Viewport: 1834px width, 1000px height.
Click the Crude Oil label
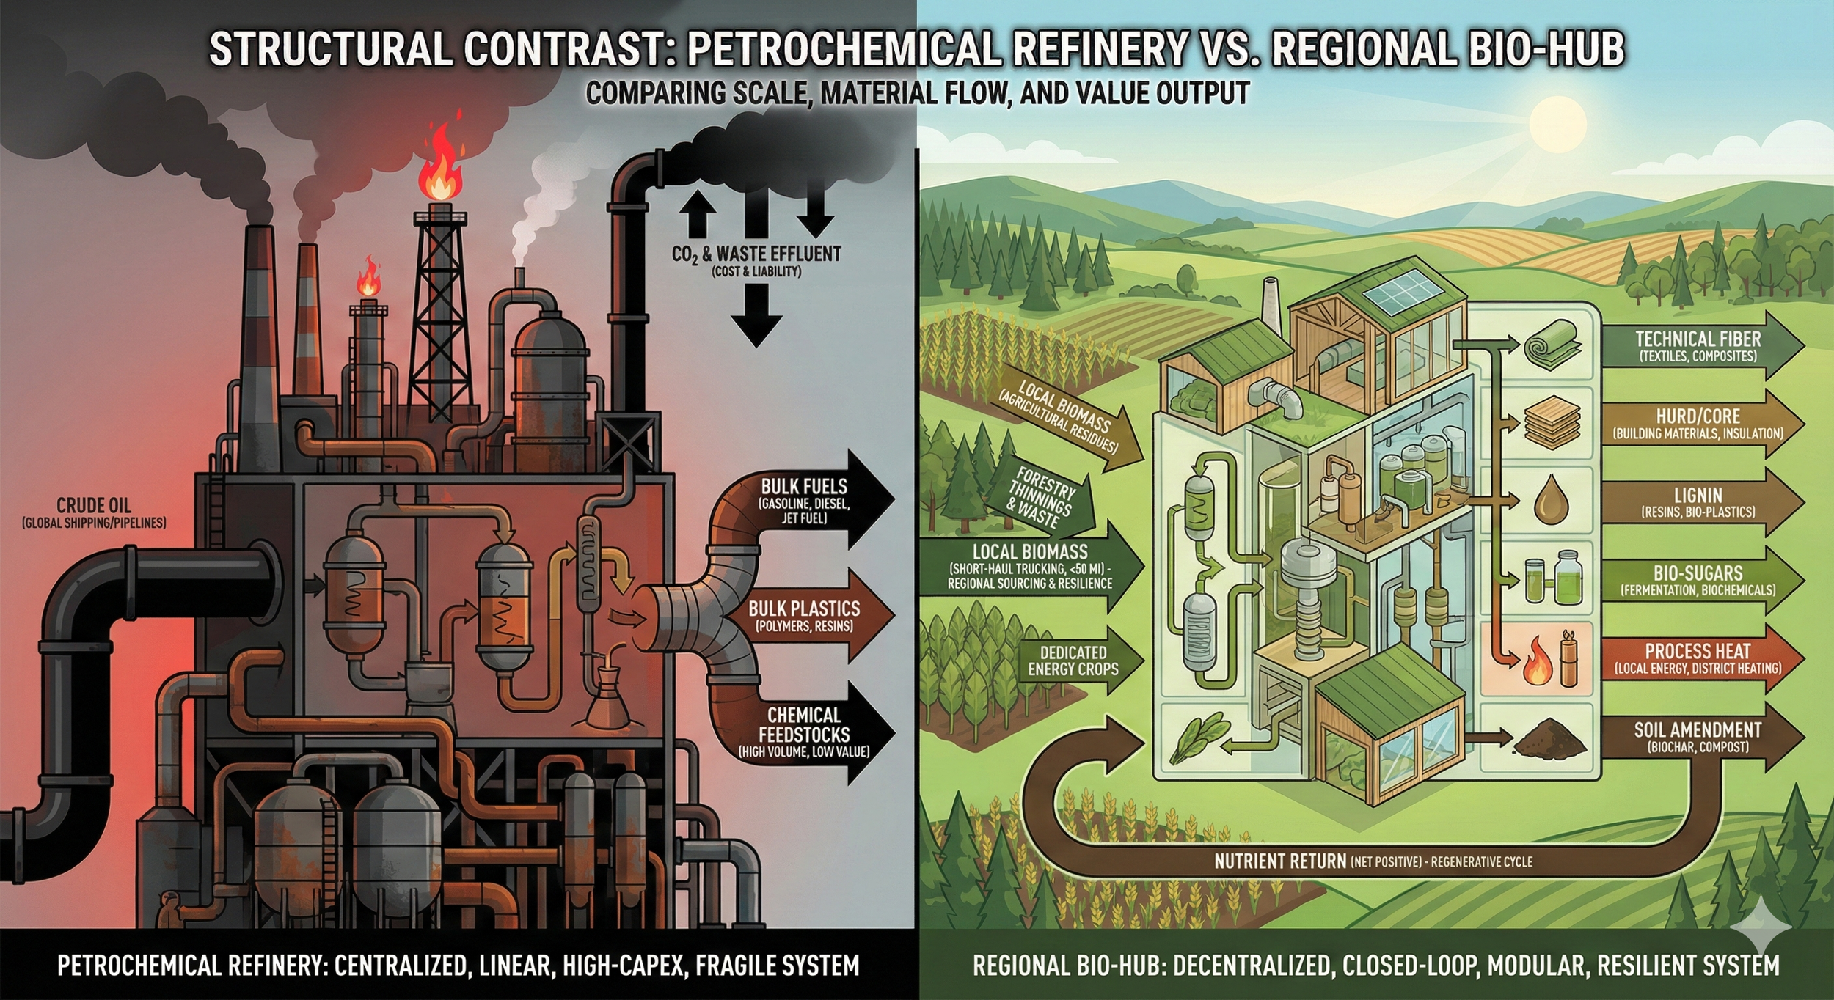[x=94, y=506]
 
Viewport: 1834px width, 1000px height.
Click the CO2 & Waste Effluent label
[x=756, y=254]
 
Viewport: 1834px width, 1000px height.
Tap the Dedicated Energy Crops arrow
[x=1075, y=660]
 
